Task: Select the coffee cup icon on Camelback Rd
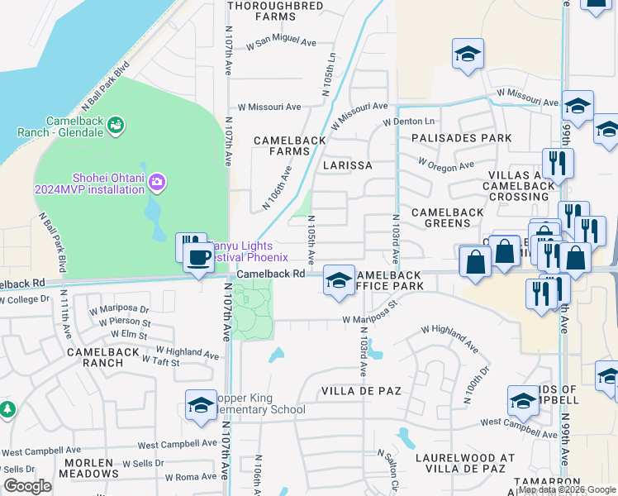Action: tap(199, 257)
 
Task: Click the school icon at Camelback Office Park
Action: tap(338, 280)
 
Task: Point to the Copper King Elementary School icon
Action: tap(201, 405)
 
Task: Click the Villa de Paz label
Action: tap(361, 389)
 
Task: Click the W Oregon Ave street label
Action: tap(446, 165)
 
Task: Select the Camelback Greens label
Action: tap(447, 218)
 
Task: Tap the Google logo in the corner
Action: tap(27, 486)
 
